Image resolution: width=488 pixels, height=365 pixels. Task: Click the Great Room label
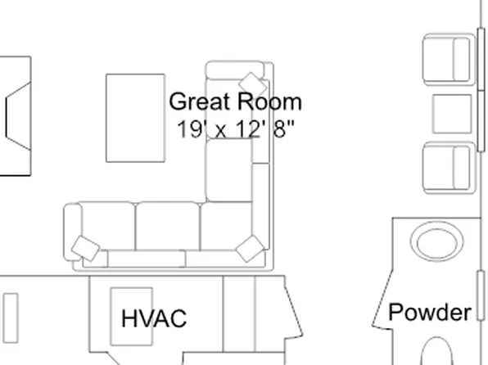point(235,101)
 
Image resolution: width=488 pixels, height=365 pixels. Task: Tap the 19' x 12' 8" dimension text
point(235,128)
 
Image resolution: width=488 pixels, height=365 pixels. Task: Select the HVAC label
point(154,318)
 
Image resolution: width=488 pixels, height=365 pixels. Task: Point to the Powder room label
point(430,312)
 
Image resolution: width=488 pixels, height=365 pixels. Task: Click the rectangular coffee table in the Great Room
point(135,118)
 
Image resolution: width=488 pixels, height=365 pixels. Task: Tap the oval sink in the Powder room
point(436,242)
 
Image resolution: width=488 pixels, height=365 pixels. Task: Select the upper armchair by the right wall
point(449,60)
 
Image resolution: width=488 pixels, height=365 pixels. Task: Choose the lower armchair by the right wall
point(449,168)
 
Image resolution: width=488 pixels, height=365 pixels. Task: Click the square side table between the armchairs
point(452,114)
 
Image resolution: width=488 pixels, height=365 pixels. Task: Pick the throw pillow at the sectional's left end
point(86,248)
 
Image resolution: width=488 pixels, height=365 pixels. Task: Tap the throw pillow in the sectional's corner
point(250,249)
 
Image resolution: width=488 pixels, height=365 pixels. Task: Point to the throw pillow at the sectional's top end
point(253,85)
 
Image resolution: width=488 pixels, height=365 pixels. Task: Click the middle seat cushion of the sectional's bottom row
point(167,226)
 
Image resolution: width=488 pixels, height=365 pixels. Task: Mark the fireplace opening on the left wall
point(18,116)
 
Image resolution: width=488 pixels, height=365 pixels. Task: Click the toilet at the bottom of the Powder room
point(436,351)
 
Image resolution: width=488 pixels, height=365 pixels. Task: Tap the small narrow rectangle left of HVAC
point(11,318)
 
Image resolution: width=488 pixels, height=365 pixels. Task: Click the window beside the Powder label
point(481,295)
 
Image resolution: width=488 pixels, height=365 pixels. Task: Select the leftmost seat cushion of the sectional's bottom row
point(108,226)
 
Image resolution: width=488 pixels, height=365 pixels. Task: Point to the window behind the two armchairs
point(481,90)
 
